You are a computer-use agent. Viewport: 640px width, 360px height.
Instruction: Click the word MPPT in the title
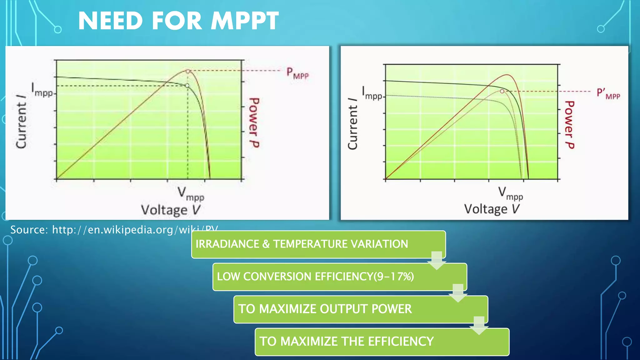click(x=244, y=21)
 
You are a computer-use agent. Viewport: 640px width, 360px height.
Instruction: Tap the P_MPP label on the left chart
click(x=297, y=73)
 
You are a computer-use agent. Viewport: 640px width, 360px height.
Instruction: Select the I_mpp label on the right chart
click(x=372, y=93)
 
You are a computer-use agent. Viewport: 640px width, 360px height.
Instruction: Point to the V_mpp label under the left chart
click(x=191, y=194)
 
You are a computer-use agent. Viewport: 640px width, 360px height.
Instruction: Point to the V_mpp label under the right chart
click(x=510, y=193)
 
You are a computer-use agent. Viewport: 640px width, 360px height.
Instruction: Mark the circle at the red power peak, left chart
click(x=188, y=71)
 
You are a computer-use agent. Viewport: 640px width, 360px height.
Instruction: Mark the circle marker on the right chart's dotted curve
click(x=502, y=91)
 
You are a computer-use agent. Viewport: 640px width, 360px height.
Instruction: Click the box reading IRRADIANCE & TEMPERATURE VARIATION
click(x=318, y=244)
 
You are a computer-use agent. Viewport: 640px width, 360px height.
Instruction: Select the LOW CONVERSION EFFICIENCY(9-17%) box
click(x=339, y=277)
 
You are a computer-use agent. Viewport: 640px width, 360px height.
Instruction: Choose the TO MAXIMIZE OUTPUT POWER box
click(x=360, y=309)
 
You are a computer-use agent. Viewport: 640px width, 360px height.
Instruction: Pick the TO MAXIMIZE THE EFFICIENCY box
click(x=382, y=342)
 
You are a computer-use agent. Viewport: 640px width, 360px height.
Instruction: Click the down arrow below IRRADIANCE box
click(x=437, y=260)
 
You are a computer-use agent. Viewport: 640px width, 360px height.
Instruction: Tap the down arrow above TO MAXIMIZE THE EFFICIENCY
click(x=479, y=325)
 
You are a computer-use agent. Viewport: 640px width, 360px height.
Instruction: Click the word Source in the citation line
click(x=29, y=230)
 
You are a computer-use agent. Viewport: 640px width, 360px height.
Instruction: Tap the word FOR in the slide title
click(x=177, y=21)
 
